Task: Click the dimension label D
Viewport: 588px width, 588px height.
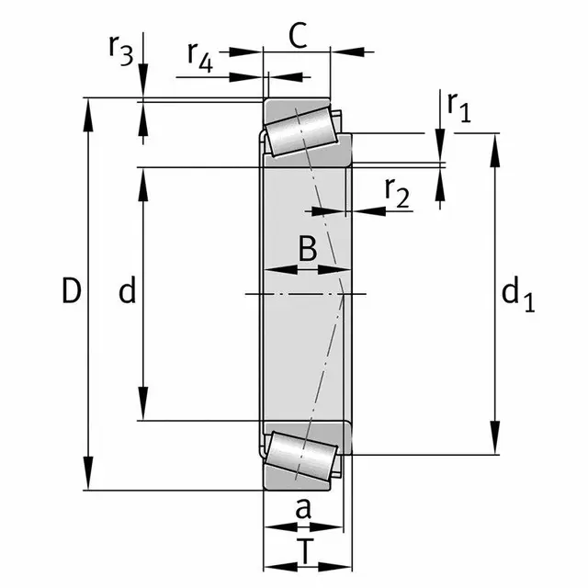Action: (x=72, y=290)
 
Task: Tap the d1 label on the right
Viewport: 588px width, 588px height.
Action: (x=518, y=294)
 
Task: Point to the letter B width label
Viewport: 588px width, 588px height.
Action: (x=308, y=248)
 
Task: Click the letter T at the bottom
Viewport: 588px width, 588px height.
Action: (x=306, y=550)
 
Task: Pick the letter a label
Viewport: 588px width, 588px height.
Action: (x=303, y=509)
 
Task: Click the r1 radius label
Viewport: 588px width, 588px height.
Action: (x=458, y=107)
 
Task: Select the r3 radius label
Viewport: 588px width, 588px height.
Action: (x=120, y=50)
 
